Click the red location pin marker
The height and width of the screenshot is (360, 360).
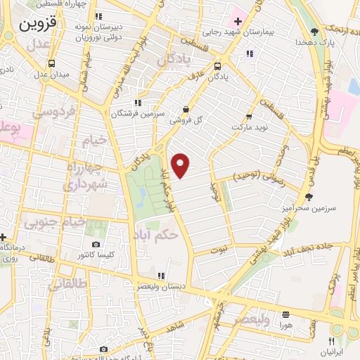181,165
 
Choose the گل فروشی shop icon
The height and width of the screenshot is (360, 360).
185,109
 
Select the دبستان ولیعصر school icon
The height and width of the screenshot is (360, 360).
161,276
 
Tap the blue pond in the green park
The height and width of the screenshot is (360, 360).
142,193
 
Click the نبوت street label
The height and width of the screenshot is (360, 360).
219,249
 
